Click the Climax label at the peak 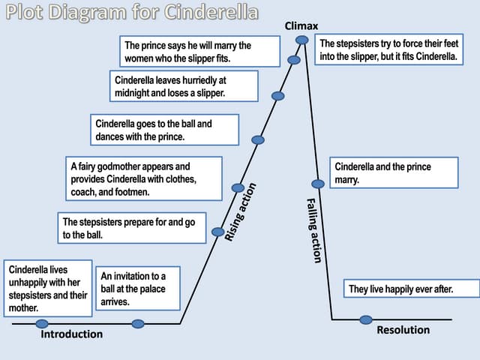pos(301,26)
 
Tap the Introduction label pos(71,334)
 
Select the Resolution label pos(403,330)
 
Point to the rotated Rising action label pos(241,212)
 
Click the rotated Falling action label pos(314,230)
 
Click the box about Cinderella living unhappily pos(48,287)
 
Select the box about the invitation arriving pos(138,288)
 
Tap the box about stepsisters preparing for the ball pos(132,228)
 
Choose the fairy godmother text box pos(143,178)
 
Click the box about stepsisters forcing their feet pos(388,49)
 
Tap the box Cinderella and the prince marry pos(393,173)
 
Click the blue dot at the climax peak pos(301,39)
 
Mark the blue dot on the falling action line pos(318,184)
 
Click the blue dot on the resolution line pos(365,319)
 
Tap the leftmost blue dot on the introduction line pos(42,324)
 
